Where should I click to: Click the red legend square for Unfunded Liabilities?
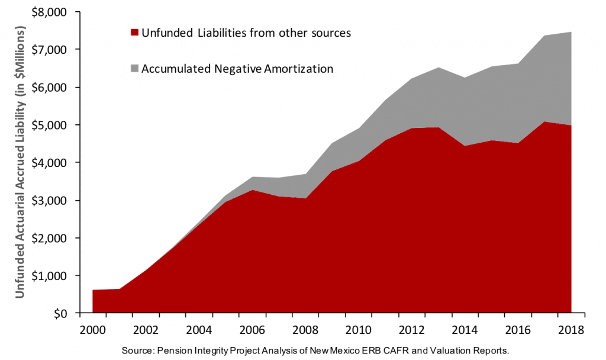134,33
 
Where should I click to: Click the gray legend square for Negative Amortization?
134,69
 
